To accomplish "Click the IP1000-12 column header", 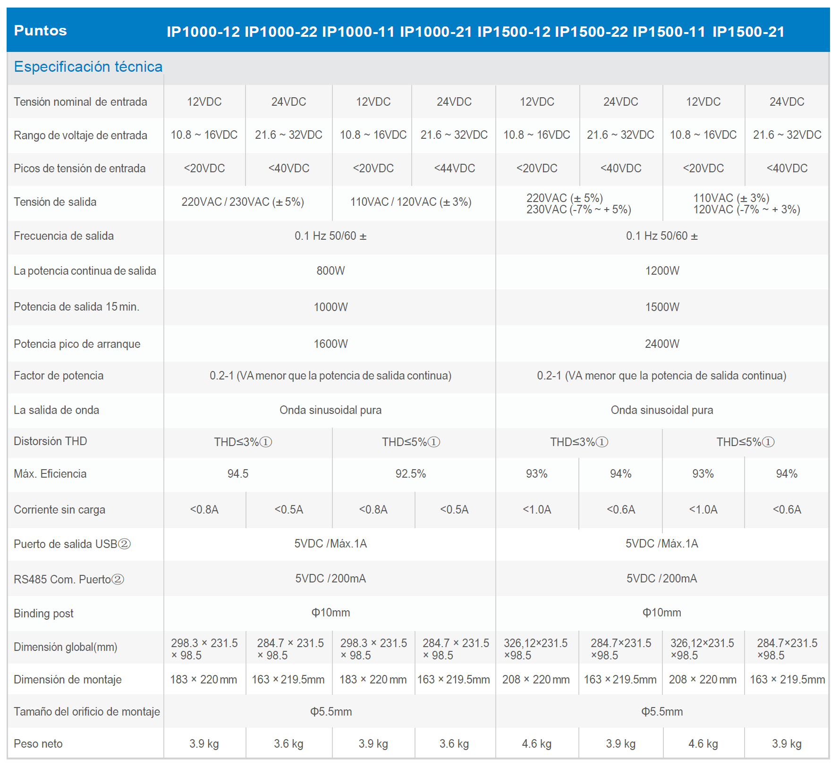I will (x=203, y=32).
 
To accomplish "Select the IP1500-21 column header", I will (x=748, y=32).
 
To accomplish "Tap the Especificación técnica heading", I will (x=88, y=67).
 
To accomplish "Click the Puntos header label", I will (x=41, y=31).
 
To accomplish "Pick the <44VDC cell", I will (x=454, y=168).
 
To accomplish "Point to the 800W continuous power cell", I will (x=331, y=270).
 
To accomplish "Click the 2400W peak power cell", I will (x=662, y=344).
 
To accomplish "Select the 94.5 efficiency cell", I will (x=238, y=473).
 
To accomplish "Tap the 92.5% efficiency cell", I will (x=411, y=473).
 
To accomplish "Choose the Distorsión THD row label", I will (x=51, y=441).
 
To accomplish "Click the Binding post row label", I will (x=43, y=613).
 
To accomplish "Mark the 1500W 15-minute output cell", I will (x=662, y=307).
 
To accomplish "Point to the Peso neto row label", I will (x=38, y=743).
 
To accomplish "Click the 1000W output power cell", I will (x=331, y=307).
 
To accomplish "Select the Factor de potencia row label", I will (x=59, y=375).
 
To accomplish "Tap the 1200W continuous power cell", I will (x=662, y=270).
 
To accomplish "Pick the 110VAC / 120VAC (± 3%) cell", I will (x=411, y=202).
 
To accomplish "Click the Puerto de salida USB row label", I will (x=72, y=544).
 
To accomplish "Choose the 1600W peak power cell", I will (x=331, y=344).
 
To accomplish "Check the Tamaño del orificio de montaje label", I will (x=87, y=711).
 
